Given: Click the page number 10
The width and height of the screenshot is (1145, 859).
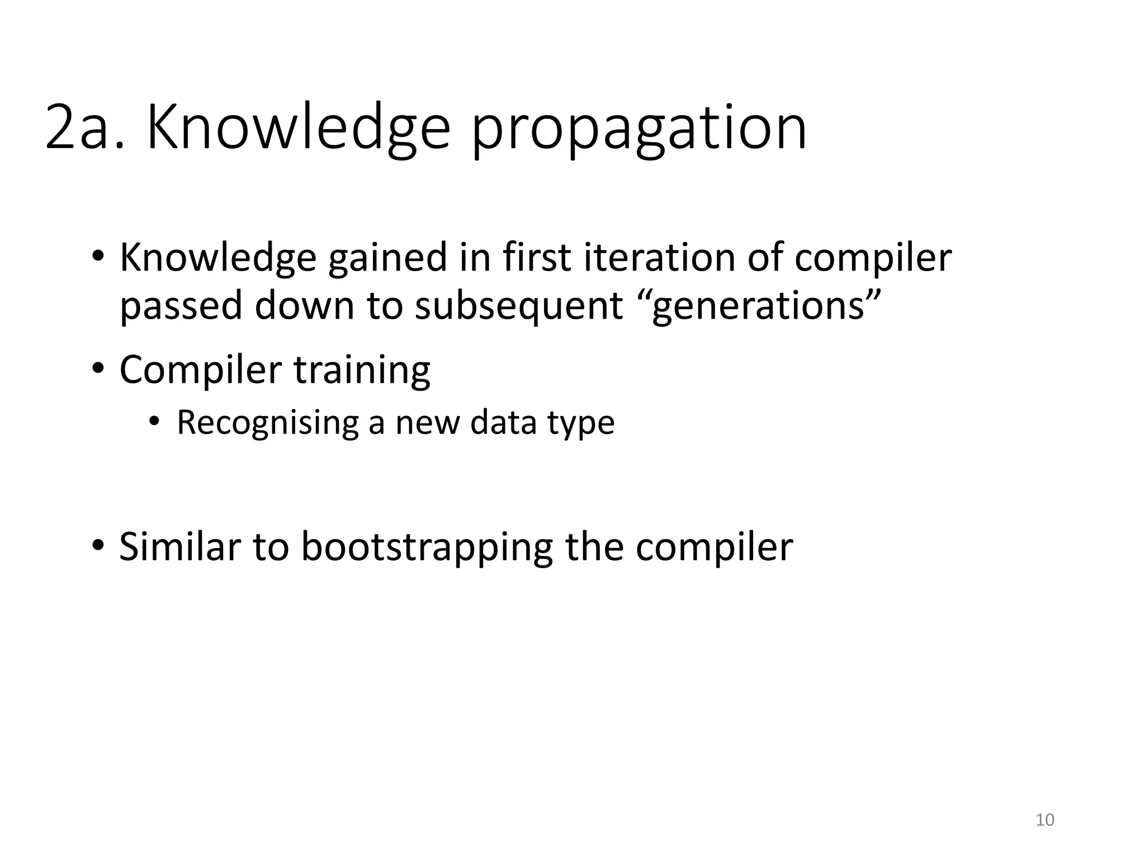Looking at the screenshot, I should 1044,820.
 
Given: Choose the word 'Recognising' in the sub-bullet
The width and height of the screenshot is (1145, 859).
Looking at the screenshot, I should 268,423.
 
